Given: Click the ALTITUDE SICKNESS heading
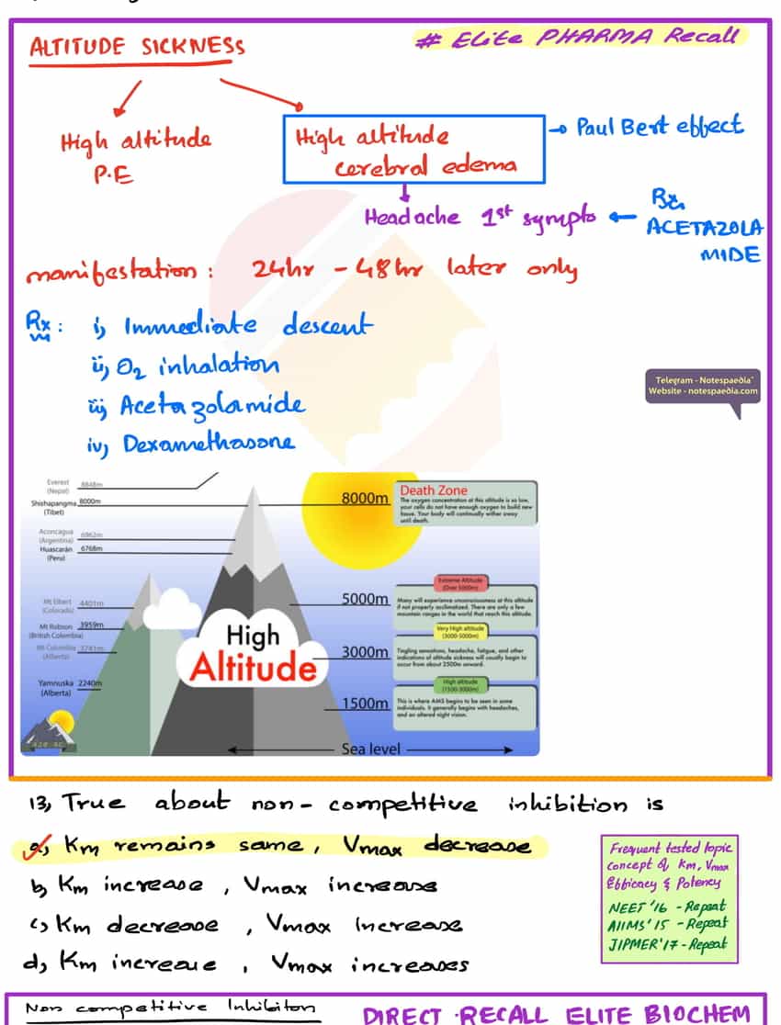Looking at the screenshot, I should coord(137,48).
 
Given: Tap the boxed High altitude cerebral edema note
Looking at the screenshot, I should coord(413,149).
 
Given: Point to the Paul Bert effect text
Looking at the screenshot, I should coord(659,127).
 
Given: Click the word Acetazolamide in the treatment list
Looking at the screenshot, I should coord(212,405).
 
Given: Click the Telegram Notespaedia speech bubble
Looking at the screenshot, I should coord(703,386).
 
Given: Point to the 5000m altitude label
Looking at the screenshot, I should coord(365,599).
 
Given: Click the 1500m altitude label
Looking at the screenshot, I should coord(365,704).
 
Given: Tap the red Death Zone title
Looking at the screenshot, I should coord(433,490).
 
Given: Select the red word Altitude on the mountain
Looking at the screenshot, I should coord(252,667).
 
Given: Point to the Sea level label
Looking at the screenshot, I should coord(370,749).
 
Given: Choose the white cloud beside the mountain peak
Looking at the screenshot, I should coord(173,609).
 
